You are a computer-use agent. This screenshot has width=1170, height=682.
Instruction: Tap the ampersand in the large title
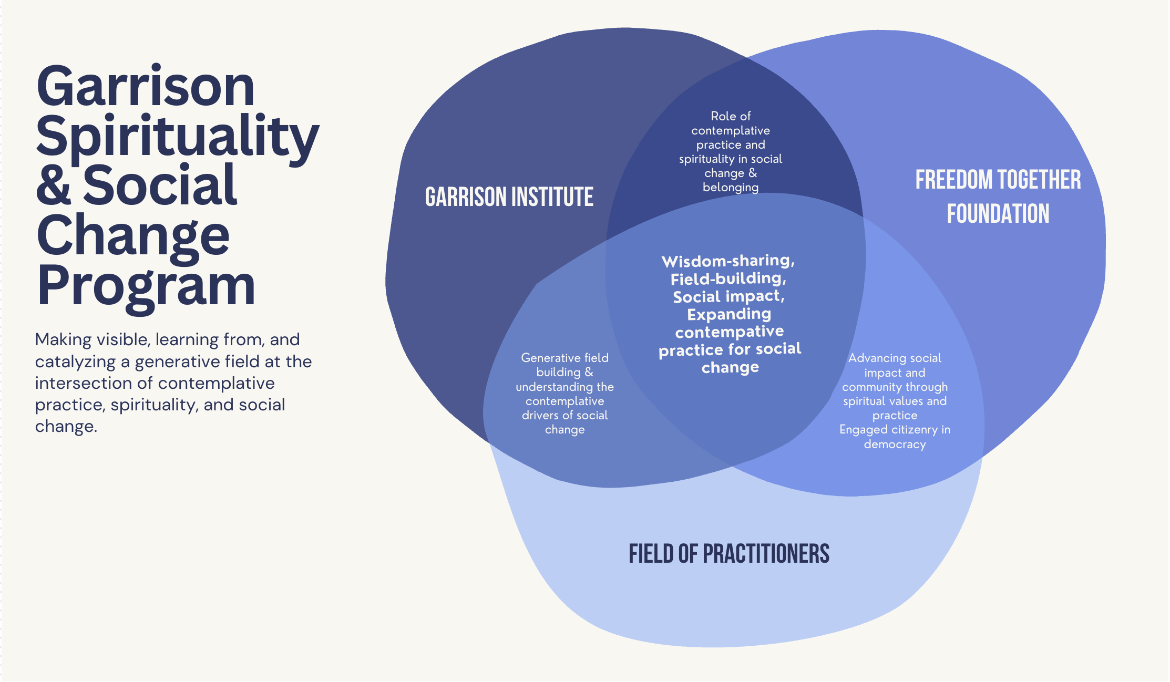tap(54, 184)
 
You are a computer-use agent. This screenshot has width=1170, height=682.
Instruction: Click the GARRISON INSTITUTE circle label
tap(509, 197)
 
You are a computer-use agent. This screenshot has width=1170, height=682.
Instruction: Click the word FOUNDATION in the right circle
tap(998, 214)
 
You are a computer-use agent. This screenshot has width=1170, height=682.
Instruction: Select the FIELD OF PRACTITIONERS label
tap(729, 554)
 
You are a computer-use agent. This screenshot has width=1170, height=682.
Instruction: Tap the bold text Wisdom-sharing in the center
tap(728, 261)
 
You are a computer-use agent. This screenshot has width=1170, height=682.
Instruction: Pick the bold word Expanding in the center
tap(729, 314)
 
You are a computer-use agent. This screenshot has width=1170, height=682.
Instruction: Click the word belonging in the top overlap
tap(731, 188)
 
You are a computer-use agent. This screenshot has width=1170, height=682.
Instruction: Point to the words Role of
tap(731, 116)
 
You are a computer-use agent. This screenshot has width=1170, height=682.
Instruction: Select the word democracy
tap(895, 445)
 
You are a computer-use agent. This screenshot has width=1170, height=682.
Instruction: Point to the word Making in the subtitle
tap(63, 340)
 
